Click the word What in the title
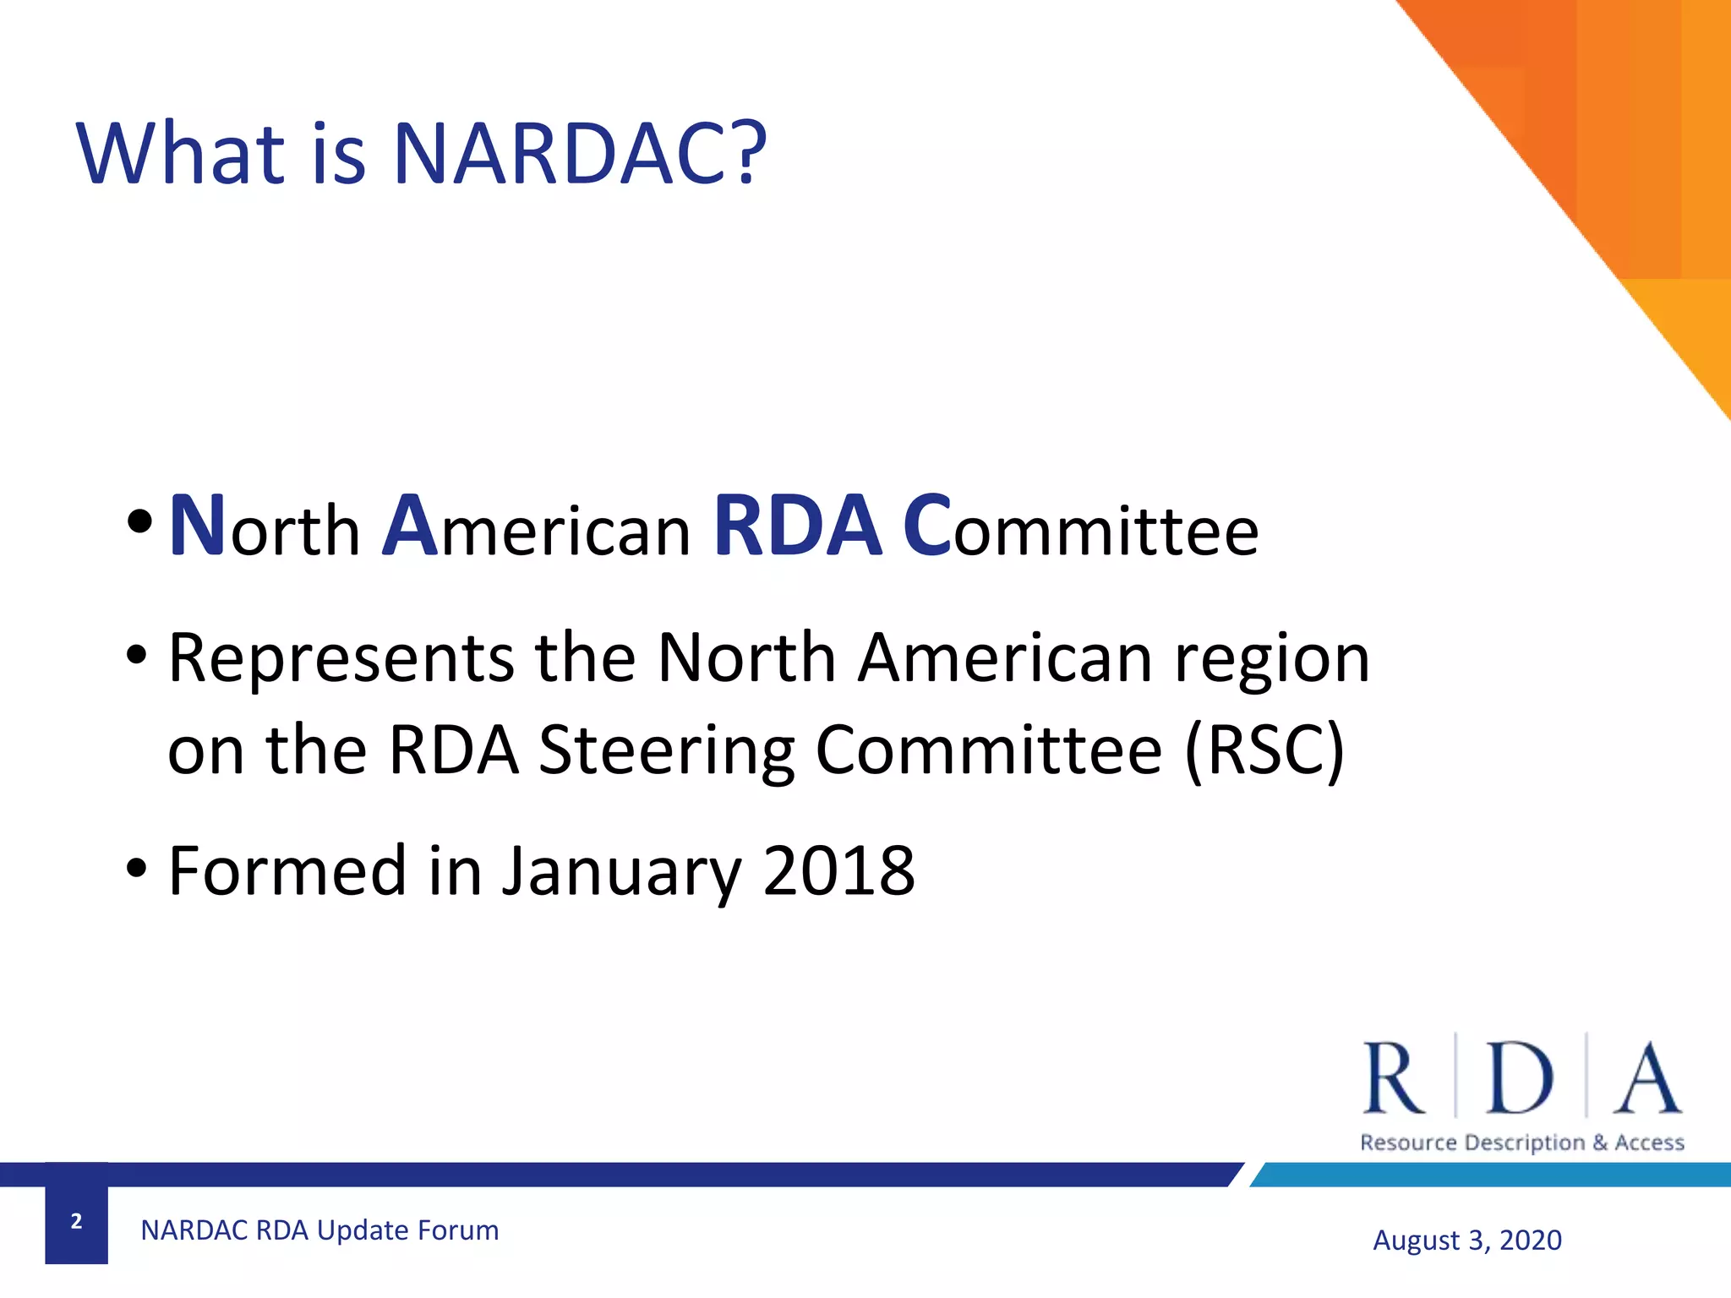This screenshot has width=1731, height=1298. point(181,154)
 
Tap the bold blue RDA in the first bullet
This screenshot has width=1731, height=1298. point(798,527)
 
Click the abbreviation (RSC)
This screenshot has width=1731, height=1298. point(1264,750)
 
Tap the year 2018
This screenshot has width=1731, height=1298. point(838,870)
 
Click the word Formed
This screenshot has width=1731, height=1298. point(287,870)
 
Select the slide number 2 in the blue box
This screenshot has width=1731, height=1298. point(76,1221)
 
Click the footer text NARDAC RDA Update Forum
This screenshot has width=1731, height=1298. point(319,1230)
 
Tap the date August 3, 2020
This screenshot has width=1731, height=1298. point(1467,1241)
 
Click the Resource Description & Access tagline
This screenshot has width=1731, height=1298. point(1521,1143)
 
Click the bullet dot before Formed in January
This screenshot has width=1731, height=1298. point(137,868)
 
